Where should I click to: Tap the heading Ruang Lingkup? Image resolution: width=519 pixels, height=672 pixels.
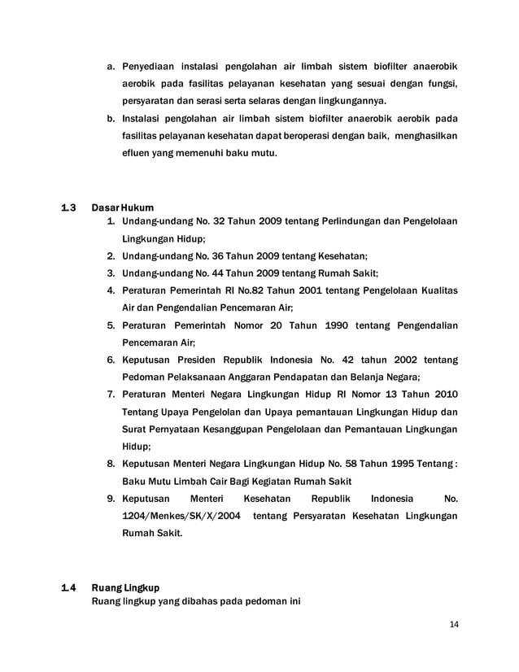(126, 587)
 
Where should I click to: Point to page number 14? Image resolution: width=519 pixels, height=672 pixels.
(454, 625)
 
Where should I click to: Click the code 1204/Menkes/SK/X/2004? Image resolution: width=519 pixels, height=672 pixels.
(181, 517)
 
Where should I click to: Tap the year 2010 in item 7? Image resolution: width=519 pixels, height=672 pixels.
(441, 394)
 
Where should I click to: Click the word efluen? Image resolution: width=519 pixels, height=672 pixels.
(137, 152)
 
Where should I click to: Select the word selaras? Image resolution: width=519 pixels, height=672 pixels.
(259, 100)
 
